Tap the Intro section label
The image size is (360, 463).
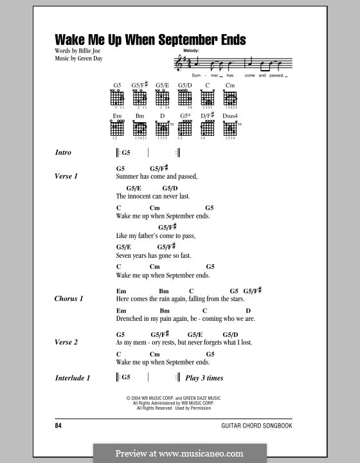point(63,153)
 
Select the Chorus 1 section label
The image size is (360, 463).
point(69,299)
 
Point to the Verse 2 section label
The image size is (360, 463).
point(66,343)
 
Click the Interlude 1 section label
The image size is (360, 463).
point(72,378)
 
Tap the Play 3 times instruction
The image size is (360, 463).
point(204,378)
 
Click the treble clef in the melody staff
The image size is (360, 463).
point(178,63)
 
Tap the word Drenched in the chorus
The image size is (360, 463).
point(131,318)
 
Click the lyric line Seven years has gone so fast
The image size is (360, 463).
point(154,255)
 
